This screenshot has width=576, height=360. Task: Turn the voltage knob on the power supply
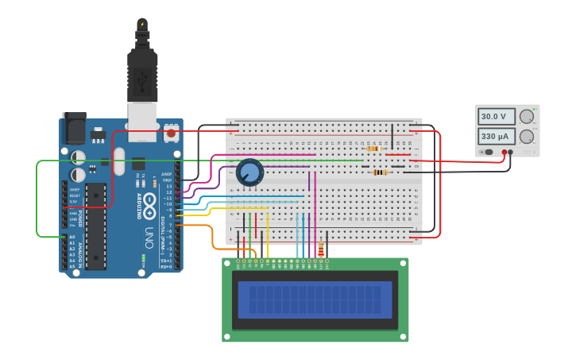526,116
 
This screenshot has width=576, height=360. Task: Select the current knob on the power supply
526,136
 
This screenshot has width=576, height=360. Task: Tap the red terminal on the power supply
504,152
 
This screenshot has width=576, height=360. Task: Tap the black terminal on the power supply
510,152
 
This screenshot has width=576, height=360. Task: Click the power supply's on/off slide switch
487,152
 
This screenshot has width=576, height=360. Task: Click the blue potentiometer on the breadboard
249,172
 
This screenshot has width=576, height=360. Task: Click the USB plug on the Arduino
142,79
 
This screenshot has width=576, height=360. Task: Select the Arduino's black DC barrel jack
75,130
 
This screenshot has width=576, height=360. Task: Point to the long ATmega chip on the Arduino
96,226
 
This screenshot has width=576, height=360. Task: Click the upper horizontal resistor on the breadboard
373,149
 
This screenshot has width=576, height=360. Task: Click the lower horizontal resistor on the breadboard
380,172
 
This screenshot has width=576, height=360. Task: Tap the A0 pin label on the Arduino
72,237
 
